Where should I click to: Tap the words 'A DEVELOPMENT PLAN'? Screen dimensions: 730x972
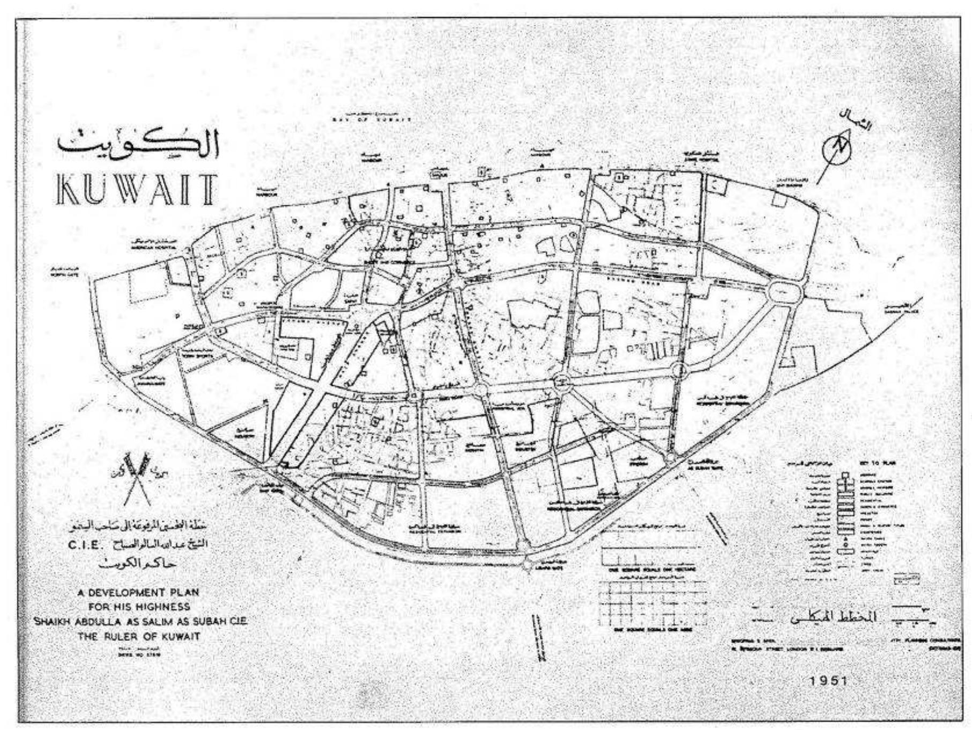click(x=138, y=592)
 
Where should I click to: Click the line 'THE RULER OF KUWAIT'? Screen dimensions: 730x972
click(x=138, y=636)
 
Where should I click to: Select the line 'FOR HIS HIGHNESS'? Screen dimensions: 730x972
click(x=138, y=607)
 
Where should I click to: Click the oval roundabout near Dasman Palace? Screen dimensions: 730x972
click(x=785, y=293)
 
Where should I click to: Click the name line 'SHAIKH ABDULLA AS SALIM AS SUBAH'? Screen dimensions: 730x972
click(x=139, y=622)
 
